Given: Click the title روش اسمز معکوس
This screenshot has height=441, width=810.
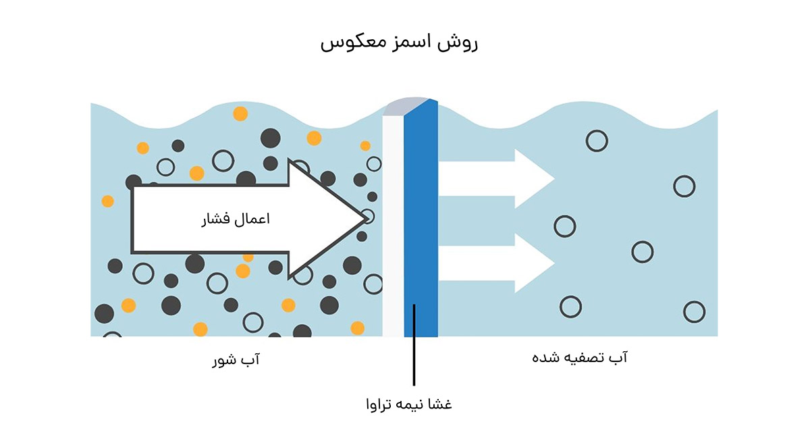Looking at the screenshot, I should click(x=398, y=43).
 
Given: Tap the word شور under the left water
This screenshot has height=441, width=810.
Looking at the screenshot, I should click(x=225, y=361).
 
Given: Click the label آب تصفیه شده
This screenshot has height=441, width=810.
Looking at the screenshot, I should click(x=580, y=358).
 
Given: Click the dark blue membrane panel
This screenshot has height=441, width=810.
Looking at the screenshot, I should click(x=421, y=223).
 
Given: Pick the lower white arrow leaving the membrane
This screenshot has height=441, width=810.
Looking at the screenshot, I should click(x=500, y=262).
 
